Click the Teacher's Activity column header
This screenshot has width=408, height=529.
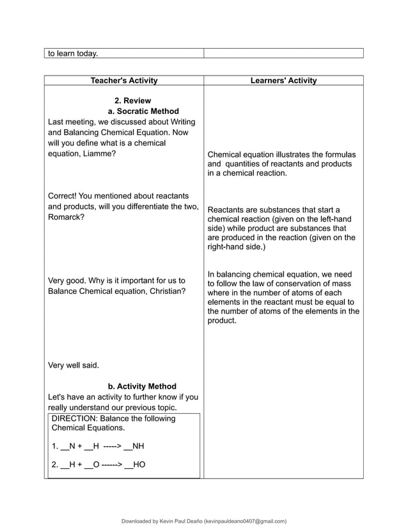click(124, 81)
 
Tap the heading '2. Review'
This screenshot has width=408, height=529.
click(132, 101)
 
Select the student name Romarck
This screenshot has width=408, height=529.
click(65, 217)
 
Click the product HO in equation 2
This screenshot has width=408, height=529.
click(139, 465)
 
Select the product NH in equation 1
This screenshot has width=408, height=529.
click(137, 446)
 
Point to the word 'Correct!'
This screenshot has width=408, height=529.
click(64, 195)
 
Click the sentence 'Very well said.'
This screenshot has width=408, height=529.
click(74, 365)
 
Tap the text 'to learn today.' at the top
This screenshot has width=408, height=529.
click(72, 53)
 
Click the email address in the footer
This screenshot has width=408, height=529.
click(244, 521)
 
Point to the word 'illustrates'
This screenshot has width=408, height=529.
click(296, 154)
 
